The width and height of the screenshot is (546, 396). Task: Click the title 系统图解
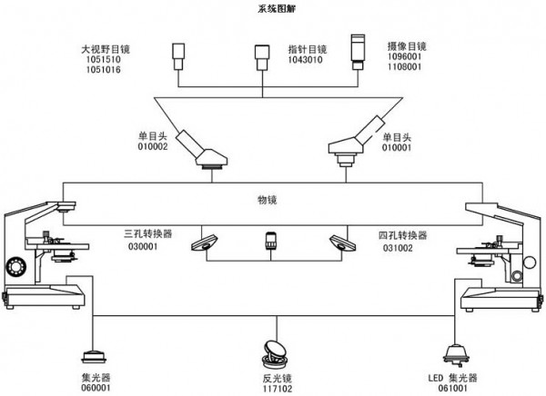pos(273,8)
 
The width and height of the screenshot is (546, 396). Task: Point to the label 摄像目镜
pos(407,45)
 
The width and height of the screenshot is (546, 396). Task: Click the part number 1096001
pos(406,56)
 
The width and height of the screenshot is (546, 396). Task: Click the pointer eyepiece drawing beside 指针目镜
pos(263,56)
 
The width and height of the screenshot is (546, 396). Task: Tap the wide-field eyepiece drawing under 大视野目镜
pos(178,58)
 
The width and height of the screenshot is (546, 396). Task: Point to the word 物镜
pos(269,197)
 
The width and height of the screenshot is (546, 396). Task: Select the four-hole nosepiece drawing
pos(342,243)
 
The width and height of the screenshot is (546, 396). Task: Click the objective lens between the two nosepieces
pos(271,243)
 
